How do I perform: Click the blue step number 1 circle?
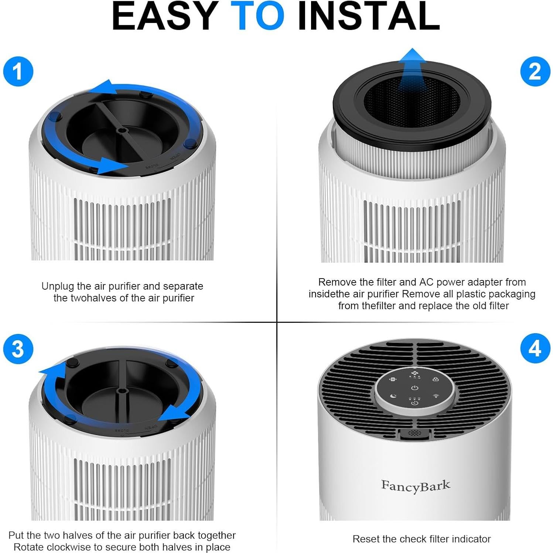[18, 71]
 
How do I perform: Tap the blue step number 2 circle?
[535, 71]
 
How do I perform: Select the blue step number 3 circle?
[18, 349]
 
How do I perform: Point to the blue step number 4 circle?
[535, 349]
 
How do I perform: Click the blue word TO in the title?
[257, 16]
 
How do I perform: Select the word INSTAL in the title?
[369, 16]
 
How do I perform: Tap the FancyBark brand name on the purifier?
[416, 486]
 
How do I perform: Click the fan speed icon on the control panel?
[414, 375]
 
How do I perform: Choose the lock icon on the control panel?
[436, 379]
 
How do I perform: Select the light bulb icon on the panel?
[436, 396]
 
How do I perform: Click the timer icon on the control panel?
[414, 401]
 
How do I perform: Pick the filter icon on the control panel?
[393, 379]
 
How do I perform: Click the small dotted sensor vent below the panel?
[414, 433]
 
